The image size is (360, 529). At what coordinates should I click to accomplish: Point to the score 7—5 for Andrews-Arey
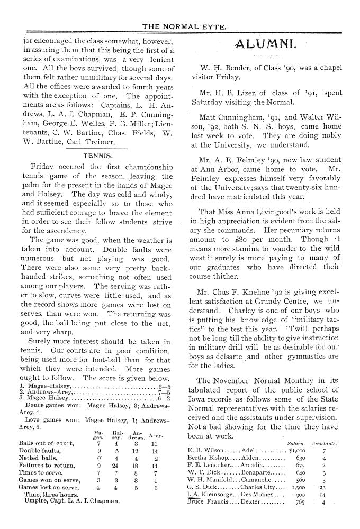(x=164, y=393)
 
